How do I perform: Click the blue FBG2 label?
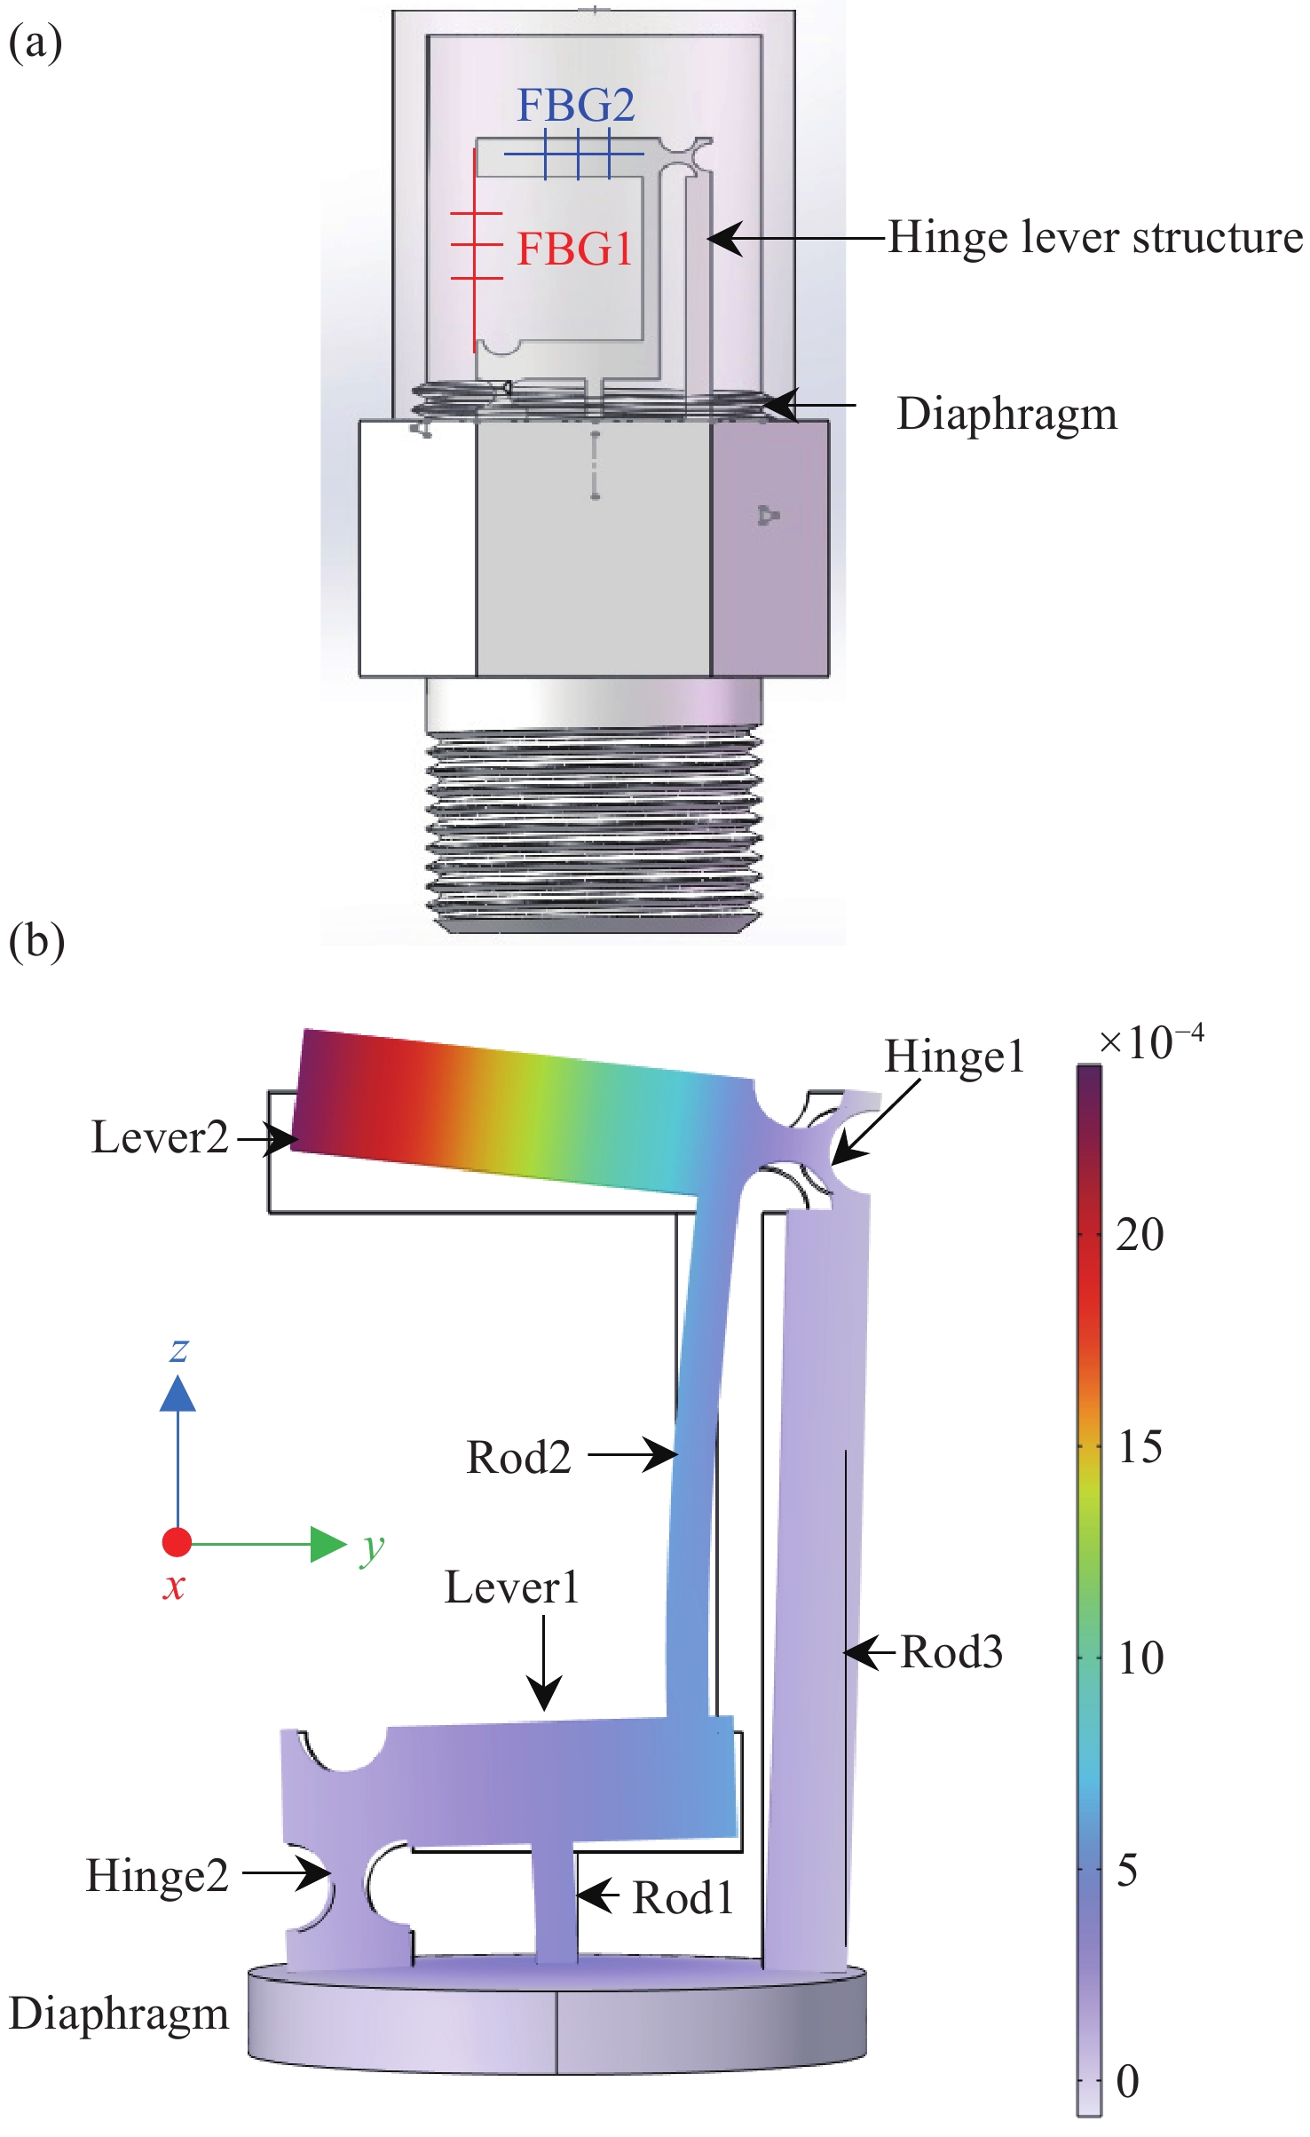[576, 105]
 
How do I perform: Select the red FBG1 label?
[574, 249]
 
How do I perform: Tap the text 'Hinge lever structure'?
[1095, 238]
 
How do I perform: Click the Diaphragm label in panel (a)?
[1006, 414]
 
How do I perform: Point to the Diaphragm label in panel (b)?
[119, 2013]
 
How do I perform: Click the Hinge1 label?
[954, 1057]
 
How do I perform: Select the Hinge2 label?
[157, 1876]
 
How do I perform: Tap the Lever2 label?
[160, 1137]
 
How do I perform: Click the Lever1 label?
[511, 1587]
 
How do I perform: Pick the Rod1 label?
[683, 1898]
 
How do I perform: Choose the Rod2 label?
[518, 1457]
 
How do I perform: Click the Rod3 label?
[951, 1652]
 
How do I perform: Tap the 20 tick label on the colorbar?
[1140, 1234]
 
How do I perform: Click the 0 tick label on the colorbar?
[1128, 2080]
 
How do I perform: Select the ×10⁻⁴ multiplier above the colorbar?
[1151, 1041]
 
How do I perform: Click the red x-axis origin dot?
[177, 1542]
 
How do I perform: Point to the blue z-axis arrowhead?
[178, 1393]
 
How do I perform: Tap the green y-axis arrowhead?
[327, 1544]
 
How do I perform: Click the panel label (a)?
[36, 43]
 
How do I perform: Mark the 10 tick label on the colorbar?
[1140, 1657]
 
